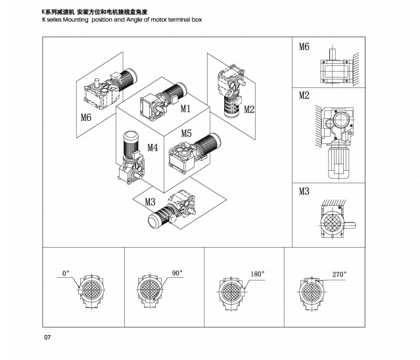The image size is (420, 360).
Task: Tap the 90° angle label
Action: [177, 272]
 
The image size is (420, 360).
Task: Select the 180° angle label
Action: [256, 273]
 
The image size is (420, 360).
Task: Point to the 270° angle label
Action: [338, 274]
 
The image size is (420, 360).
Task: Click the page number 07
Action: [47, 338]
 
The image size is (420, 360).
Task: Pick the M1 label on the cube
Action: [185, 108]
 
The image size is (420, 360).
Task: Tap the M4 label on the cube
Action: [152, 147]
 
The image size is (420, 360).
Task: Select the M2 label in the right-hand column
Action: [304, 96]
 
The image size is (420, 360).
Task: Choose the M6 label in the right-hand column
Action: [304, 47]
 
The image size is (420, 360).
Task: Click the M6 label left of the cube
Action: [86, 118]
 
